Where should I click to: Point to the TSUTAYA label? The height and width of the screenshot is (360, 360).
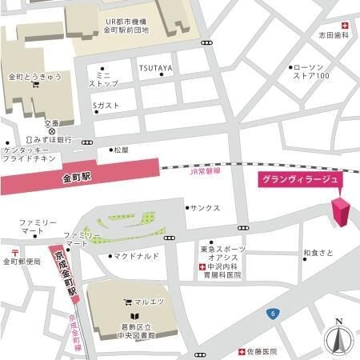point(155,69)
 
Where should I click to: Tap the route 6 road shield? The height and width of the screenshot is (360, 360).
point(274,314)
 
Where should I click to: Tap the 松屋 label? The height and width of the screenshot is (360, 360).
point(120,150)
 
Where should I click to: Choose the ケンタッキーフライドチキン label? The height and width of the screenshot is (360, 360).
point(26,155)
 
